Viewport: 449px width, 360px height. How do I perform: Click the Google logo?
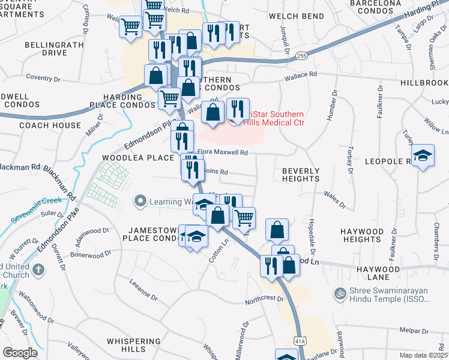(x=19, y=353)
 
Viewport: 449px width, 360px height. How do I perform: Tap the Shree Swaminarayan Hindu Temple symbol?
(x=340, y=294)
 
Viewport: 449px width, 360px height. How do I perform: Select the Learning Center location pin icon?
(x=141, y=201)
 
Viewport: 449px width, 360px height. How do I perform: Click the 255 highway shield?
(x=301, y=56)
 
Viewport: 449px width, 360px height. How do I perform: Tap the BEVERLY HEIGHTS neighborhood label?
(x=301, y=175)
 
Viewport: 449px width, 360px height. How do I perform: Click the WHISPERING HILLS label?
(x=135, y=345)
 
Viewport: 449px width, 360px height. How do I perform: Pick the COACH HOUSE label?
(x=50, y=125)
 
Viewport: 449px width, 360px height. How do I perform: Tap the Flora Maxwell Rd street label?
(x=222, y=153)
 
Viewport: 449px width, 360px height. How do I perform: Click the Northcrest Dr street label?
(x=264, y=299)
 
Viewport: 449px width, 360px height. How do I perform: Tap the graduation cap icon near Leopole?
(x=423, y=157)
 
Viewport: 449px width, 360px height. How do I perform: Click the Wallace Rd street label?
(x=300, y=75)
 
